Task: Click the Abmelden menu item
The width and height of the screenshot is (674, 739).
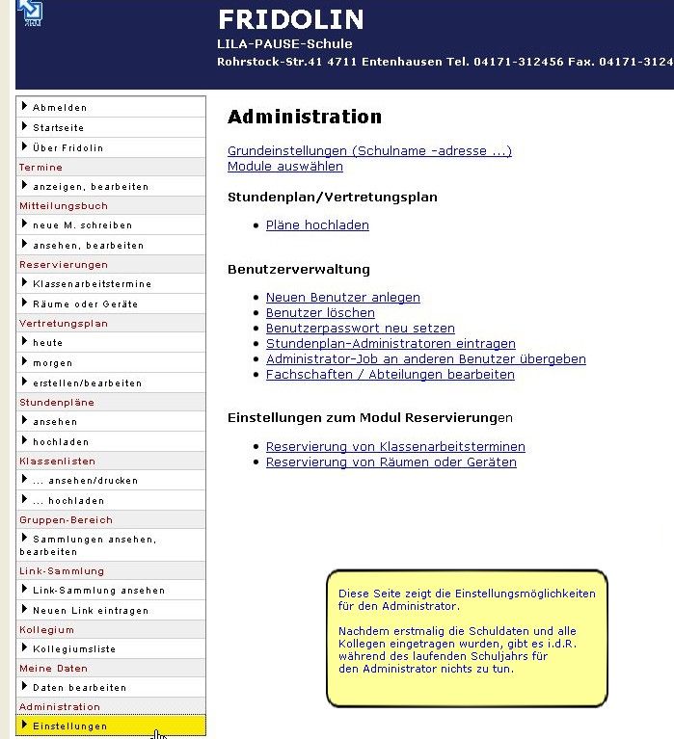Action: click(x=60, y=108)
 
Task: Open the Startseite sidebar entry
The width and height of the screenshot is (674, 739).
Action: click(x=58, y=127)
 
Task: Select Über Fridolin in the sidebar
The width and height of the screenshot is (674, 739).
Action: click(x=67, y=147)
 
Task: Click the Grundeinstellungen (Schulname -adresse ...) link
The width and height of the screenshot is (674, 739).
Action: click(x=369, y=151)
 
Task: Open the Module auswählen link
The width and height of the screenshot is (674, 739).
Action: click(x=285, y=167)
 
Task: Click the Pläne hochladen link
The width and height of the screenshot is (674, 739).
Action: click(x=317, y=225)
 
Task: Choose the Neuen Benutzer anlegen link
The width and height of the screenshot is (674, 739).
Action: click(x=343, y=298)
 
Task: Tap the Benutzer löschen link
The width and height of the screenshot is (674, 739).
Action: click(x=320, y=313)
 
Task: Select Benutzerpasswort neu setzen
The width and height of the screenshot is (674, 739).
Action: click(x=361, y=329)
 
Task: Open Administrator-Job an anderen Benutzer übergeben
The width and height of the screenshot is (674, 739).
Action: click(x=425, y=359)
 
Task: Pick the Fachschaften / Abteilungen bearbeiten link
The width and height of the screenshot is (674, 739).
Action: click(x=390, y=375)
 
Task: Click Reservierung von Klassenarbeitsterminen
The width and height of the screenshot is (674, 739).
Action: click(x=395, y=447)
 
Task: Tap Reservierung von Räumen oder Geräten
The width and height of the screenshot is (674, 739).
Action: click(x=391, y=462)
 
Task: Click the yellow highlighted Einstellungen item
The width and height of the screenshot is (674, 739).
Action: click(x=69, y=726)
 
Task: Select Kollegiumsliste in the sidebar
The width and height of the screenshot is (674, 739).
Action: click(x=73, y=648)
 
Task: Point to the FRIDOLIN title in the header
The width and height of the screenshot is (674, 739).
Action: click(x=290, y=19)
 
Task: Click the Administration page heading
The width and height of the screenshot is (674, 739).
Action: click(x=305, y=117)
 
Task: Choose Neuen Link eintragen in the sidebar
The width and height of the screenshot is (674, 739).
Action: click(x=90, y=611)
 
